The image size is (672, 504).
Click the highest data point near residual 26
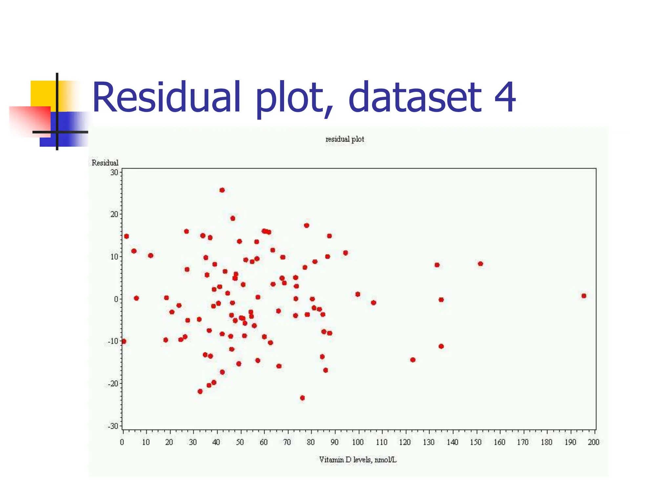pyautogui.click(x=222, y=190)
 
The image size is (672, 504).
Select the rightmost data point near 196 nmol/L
pyautogui.click(x=584, y=296)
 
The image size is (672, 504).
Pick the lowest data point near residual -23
pyautogui.click(x=302, y=398)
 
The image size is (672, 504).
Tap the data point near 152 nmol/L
pyautogui.click(x=480, y=263)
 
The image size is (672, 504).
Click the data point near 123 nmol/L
pyautogui.click(x=413, y=360)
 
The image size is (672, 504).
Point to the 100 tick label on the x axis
pyautogui.click(x=358, y=442)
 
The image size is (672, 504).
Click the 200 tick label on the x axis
pyautogui.click(x=593, y=442)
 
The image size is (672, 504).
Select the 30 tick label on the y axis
pyautogui.click(x=114, y=172)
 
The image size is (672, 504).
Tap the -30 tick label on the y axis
pyautogui.click(x=113, y=426)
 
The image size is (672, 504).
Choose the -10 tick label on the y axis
pyautogui.click(x=113, y=341)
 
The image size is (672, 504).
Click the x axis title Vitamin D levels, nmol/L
pyautogui.click(x=358, y=460)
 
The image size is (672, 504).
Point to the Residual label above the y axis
pyautogui.click(x=105, y=163)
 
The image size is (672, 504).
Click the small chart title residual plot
pyautogui.click(x=345, y=139)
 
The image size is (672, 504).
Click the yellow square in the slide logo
pyautogui.click(x=43, y=93)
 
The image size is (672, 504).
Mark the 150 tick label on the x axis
pyautogui.click(x=475, y=442)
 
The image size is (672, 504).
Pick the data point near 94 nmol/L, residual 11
pyautogui.click(x=345, y=253)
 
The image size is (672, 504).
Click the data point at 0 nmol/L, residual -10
pyautogui.click(x=124, y=341)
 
